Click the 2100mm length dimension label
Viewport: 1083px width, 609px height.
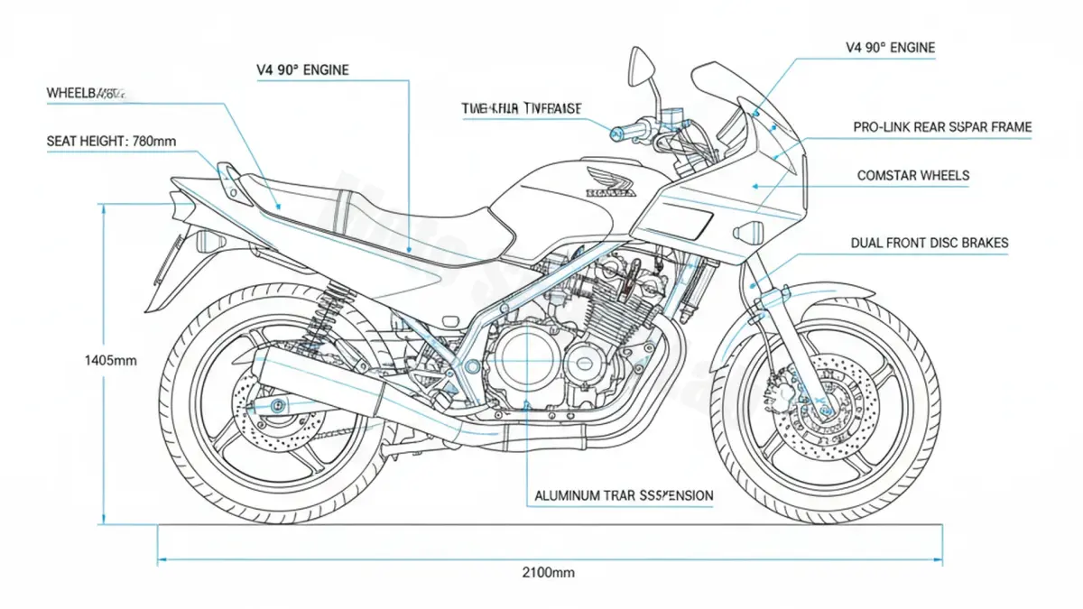click(x=548, y=572)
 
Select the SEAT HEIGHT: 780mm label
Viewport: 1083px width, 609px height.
click(x=112, y=141)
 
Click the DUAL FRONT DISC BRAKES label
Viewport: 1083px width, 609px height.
click(x=930, y=243)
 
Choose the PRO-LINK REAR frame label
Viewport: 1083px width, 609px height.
click(x=942, y=128)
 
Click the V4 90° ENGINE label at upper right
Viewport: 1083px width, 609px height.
click(x=890, y=48)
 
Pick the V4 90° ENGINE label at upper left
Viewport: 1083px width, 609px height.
click(x=302, y=69)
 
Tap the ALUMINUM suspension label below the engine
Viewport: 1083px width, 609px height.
click(x=624, y=495)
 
